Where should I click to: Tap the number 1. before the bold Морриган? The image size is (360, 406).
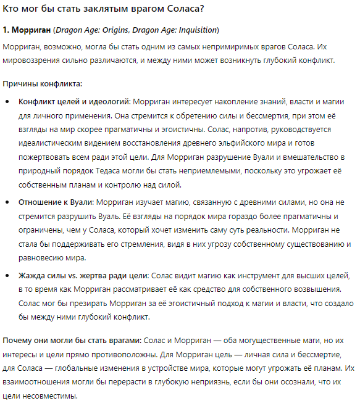pyautogui.click(x=7, y=30)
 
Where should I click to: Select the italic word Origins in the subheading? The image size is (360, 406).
pyautogui.click(x=120, y=30)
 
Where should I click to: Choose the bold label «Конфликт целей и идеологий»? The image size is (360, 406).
pyautogui.click(x=73, y=102)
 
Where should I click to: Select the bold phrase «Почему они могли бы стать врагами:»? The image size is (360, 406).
pyautogui.click(x=72, y=341)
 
